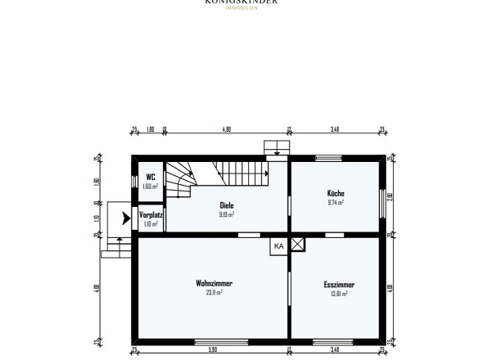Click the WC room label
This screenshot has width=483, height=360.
pyautogui.click(x=151, y=177)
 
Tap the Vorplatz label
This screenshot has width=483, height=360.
pyautogui.click(x=151, y=214)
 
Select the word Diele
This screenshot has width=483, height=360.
pyautogui.click(x=227, y=205)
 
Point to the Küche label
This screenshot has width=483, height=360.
pyautogui.click(x=335, y=193)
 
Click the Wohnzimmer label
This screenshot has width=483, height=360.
pyautogui.click(x=214, y=283)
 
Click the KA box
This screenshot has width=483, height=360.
pyautogui.click(x=278, y=245)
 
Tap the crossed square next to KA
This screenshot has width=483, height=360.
pyautogui.click(x=297, y=244)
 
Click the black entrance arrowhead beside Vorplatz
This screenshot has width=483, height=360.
pyautogui.click(x=124, y=218)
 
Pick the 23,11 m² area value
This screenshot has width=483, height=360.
pyautogui.click(x=214, y=293)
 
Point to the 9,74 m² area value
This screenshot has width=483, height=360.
pyautogui.click(x=335, y=202)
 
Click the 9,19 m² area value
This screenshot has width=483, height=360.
pyautogui.click(x=227, y=214)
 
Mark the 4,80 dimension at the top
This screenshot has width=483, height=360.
pyautogui.click(x=227, y=128)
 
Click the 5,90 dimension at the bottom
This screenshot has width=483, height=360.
pyautogui.click(x=213, y=350)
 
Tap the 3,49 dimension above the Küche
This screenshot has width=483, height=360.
pyautogui.click(x=334, y=128)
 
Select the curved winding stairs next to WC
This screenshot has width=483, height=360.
pyautogui.click(x=179, y=178)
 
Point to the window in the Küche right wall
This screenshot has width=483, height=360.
pyautogui.click(x=383, y=201)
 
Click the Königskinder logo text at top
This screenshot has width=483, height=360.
pyautogui.click(x=241, y=2)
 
